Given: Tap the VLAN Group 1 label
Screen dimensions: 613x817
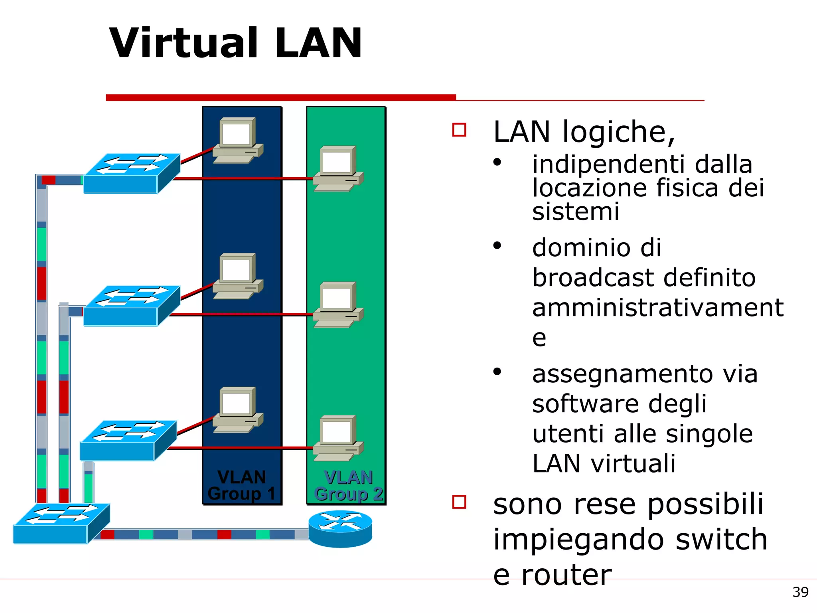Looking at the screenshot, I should point(241,485).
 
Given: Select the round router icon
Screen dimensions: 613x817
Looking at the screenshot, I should point(340,529).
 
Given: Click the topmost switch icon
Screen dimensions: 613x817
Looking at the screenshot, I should point(132,174).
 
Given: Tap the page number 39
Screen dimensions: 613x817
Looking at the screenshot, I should point(800,592).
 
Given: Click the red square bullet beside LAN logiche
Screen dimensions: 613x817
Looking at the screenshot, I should point(459,130).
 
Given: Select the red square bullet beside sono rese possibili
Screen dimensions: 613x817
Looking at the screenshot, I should point(459,502).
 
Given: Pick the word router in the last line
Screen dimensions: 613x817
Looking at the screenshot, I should point(566,575).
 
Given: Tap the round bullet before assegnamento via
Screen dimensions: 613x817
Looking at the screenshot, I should point(497,372).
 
